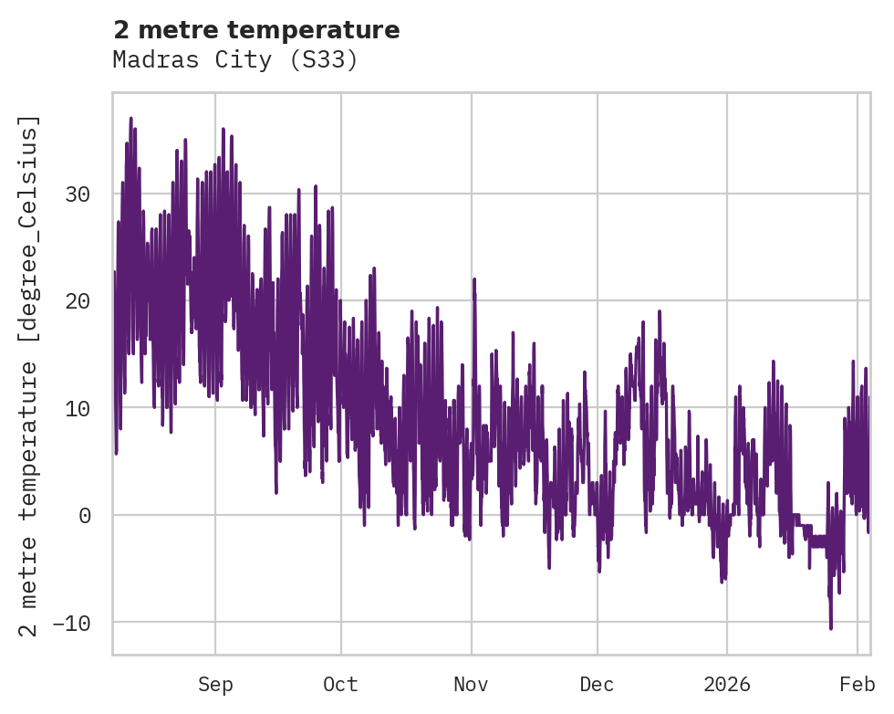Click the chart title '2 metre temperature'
(256, 30)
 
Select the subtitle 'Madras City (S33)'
(235, 60)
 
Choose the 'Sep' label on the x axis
(215, 684)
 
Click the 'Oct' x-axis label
(341, 684)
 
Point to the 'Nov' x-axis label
(472, 684)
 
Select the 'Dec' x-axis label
(598, 684)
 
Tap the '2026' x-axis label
(727, 684)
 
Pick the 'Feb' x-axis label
(858, 684)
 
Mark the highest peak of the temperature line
(130, 118)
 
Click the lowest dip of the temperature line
(831, 628)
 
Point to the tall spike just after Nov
(474, 279)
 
